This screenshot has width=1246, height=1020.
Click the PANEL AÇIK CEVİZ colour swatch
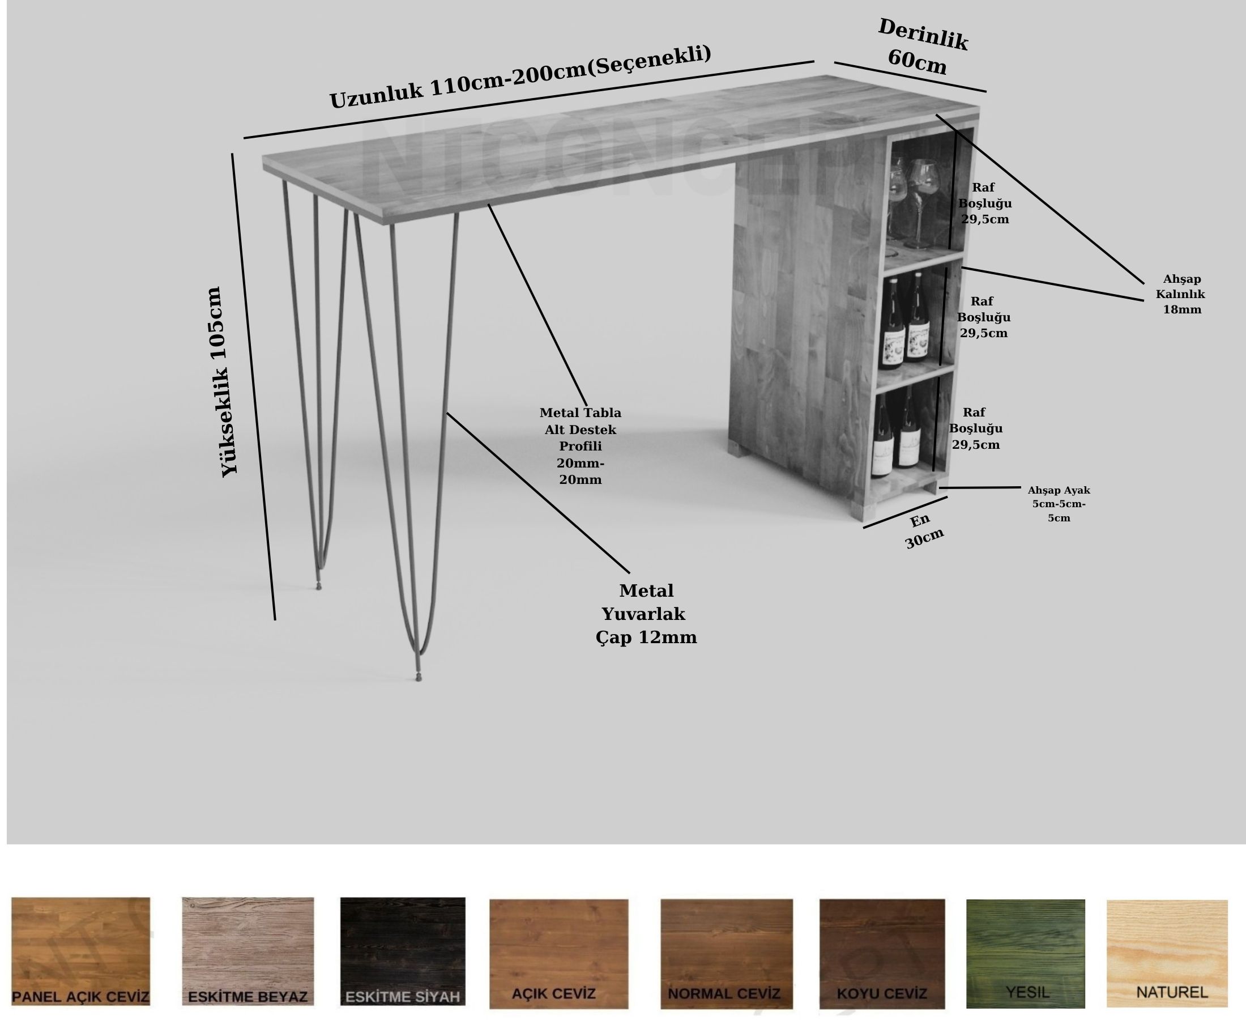80,951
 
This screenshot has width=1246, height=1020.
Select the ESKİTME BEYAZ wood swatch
248,951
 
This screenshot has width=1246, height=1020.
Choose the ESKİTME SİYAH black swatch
403,951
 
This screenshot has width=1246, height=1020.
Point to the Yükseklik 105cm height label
221,382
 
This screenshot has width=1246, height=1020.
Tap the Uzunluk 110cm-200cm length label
520,77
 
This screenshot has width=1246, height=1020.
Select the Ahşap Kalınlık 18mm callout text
1181,294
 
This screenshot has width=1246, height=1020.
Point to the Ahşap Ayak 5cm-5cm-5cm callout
1059,504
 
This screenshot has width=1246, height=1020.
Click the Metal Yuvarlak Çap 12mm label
646,614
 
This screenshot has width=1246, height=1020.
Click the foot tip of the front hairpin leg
419,678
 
